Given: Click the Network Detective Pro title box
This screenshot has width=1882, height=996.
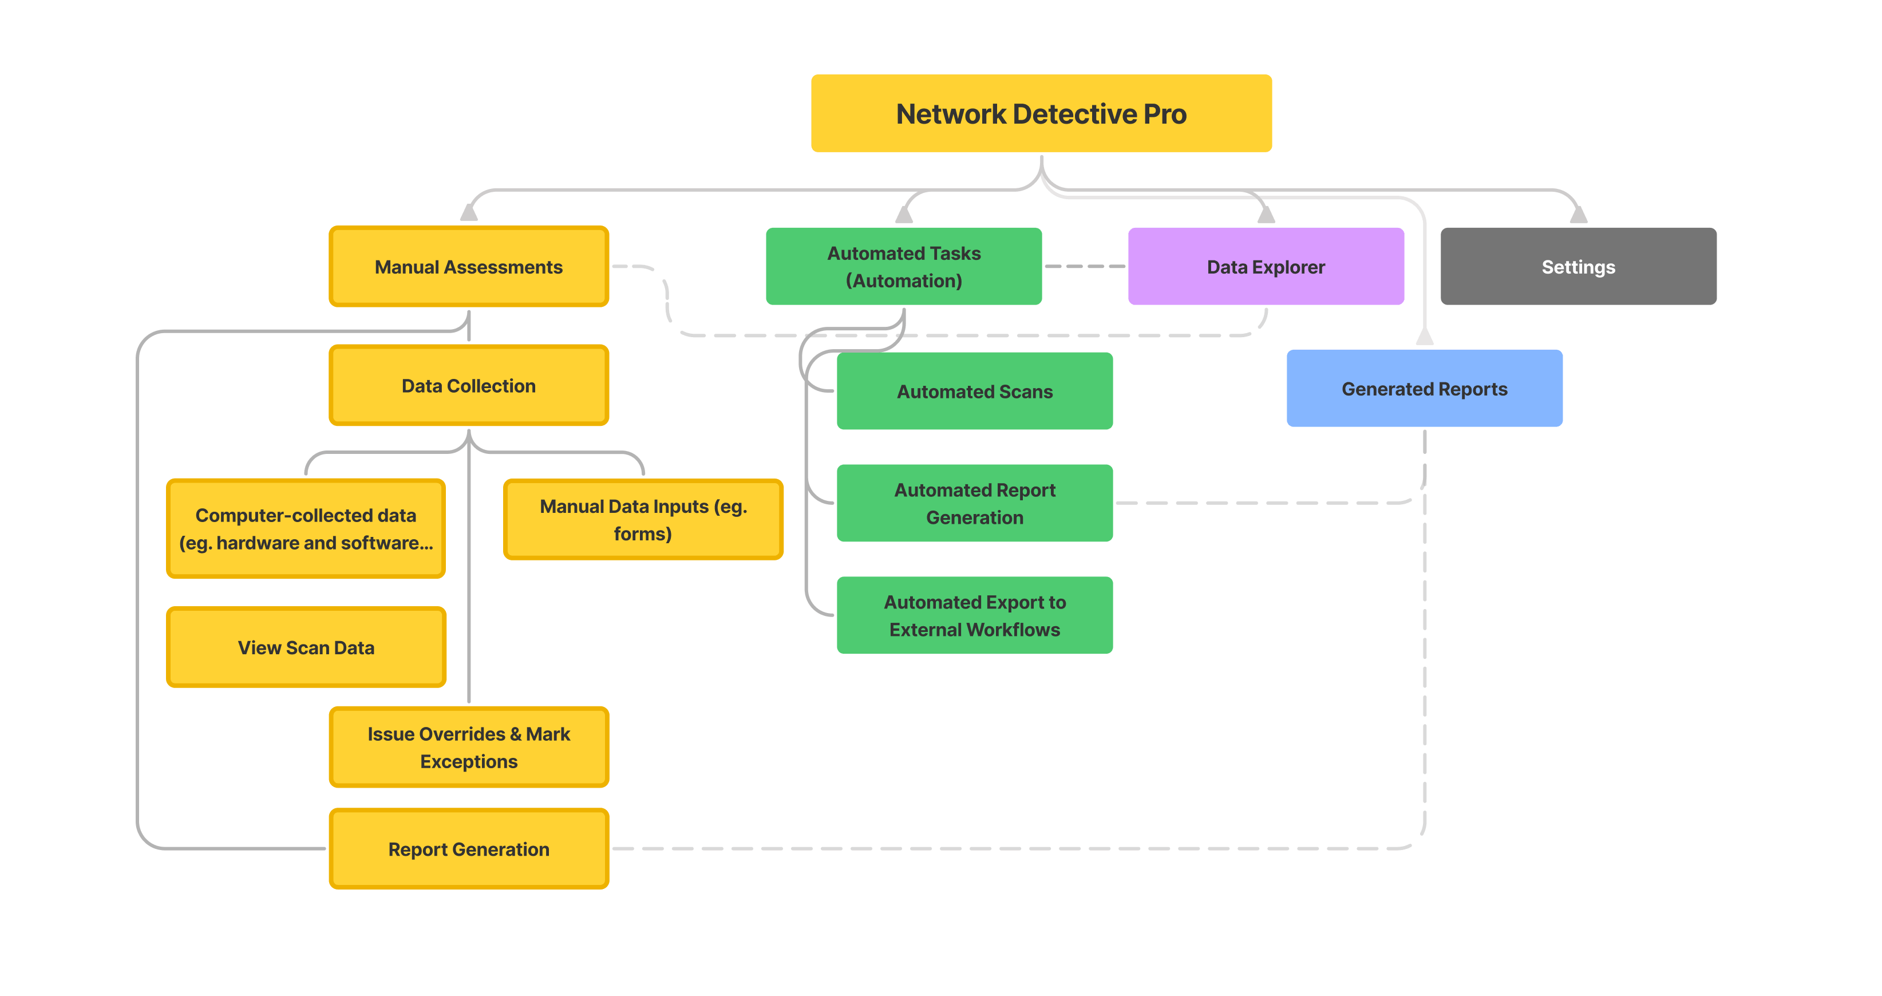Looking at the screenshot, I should [x=1041, y=113].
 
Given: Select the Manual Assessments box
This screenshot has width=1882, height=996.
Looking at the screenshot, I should [x=468, y=267].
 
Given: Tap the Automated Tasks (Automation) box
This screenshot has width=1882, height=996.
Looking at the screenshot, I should [x=903, y=267].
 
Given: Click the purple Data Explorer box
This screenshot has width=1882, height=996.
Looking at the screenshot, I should [x=1266, y=267].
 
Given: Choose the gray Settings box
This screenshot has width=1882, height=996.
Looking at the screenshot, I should [x=1578, y=267].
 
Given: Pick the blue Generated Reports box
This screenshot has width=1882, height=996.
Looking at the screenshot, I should [x=1424, y=389].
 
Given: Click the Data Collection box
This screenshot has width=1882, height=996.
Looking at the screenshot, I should [x=468, y=386].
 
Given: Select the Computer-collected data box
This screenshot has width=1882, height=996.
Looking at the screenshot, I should [x=306, y=529].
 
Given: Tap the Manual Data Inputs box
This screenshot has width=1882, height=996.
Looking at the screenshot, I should [x=643, y=520].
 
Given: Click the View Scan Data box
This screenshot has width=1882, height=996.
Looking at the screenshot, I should [x=306, y=647].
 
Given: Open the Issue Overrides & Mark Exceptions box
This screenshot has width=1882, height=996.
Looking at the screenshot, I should [x=468, y=748].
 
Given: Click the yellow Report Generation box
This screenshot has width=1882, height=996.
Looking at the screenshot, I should [x=468, y=849].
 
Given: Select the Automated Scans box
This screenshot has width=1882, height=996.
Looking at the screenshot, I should [x=975, y=392].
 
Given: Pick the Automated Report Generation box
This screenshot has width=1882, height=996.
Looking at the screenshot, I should [x=975, y=504].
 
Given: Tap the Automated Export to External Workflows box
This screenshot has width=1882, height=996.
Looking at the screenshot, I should [x=975, y=615].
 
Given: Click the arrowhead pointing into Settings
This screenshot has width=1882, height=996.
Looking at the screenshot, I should [x=1578, y=215].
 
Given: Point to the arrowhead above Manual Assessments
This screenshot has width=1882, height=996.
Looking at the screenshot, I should [x=468, y=214].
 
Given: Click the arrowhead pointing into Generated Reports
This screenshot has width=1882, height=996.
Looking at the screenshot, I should [x=1424, y=337].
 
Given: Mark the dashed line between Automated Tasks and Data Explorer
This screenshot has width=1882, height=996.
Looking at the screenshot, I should [x=1084, y=267].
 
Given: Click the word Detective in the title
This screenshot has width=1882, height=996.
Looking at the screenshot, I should [x=1074, y=114].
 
